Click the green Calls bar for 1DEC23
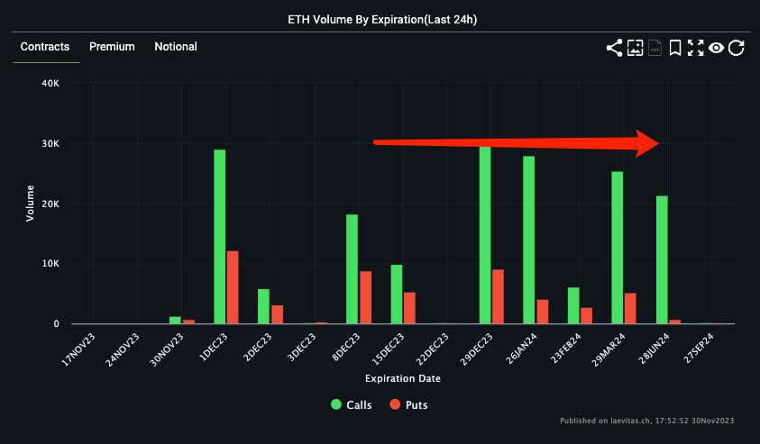(219, 236)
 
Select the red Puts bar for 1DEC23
(233, 286)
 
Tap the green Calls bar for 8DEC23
(352, 268)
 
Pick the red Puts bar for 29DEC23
(498, 296)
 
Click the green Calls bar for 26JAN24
(528, 240)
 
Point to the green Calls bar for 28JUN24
(662, 259)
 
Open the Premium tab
(112, 47)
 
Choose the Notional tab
(176, 47)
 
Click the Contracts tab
(45, 47)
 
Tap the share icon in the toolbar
(614, 48)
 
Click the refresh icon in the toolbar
(737, 48)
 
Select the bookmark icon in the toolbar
(674, 48)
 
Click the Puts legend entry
(407, 404)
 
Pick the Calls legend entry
(352, 404)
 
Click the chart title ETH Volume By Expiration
(380, 19)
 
